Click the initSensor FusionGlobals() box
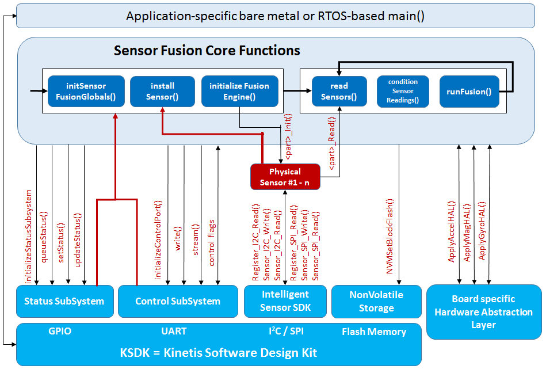86,92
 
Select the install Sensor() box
162,92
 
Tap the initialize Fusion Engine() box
239,92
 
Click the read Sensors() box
339,92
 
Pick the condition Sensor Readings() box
403,91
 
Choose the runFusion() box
469,92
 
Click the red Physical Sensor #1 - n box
285,177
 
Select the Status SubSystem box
64,301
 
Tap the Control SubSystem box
178,301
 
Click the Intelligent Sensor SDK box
285,301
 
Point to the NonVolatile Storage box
376,301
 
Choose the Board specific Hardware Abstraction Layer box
483,311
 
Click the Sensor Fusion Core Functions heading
207,51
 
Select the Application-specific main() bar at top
275,16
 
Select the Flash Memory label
373,332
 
